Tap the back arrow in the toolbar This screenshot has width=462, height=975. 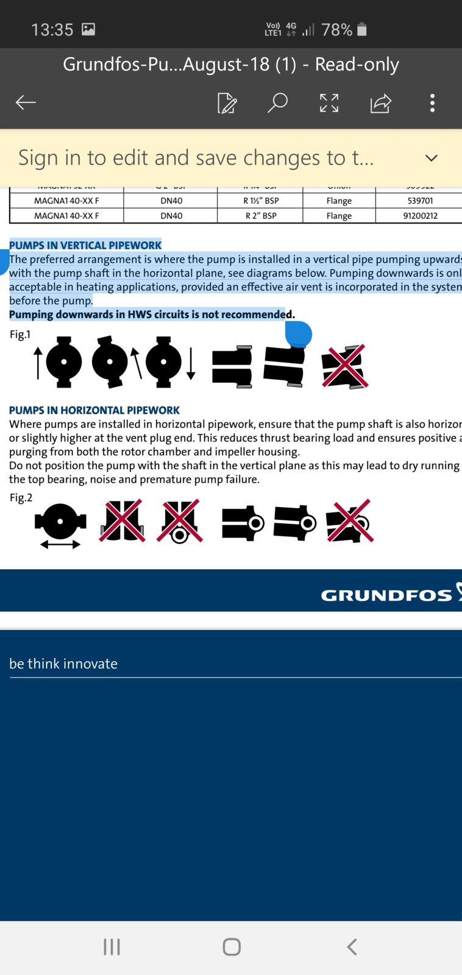pyautogui.click(x=26, y=102)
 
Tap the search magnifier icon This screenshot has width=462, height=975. pyautogui.click(x=277, y=102)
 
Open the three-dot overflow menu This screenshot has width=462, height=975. pyautogui.click(x=432, y=102)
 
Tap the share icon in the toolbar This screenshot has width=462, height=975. pyautogui.click(x=380, y=103)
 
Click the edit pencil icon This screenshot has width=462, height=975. pyautogui.click(x=227, y=103)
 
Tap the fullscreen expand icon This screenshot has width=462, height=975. pyautogui.click(x=329, y=103)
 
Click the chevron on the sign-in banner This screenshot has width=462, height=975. pyautogui.click(x=432, y=158)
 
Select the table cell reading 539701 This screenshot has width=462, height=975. pyautogui.click(x=420, y=200)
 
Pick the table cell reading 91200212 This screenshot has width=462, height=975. pyautogui.click(x=420, y=216)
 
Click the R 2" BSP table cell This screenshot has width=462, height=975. pyautogui.click(x=261, y=216)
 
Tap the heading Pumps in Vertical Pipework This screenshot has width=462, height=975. pyautogui.click(x=85, y=245)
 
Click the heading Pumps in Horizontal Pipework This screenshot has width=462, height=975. pyautogui.click(x=94, y=410)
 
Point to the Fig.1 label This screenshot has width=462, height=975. pyautogui.click(x=20, y=334)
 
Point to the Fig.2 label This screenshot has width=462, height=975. pyautogui.click(x=21, y=497)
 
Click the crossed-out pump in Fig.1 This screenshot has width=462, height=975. pyautogui.click(x=345, y=366)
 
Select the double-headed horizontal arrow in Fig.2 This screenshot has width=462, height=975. pyautogui.click(x=60, y=544)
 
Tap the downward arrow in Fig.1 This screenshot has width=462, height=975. pyautogui.click(x=191, y=364)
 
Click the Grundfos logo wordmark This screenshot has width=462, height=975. pyautogui.click(x=386, y=595)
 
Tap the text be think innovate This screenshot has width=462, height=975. pyautogui.click(x=63, y=664)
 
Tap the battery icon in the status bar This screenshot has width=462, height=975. pyautogui.click(x=362, y=29)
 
